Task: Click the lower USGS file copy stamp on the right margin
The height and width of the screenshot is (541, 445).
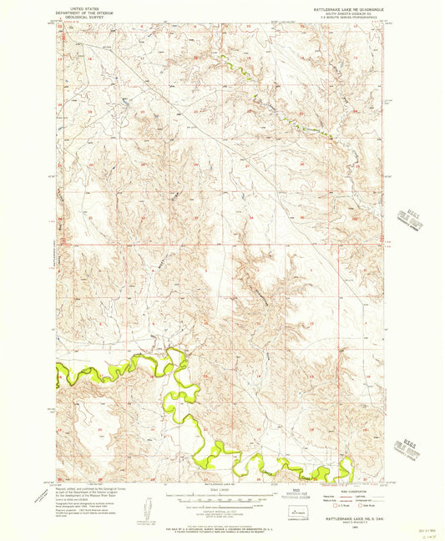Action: pyautogui.click(x=411, y=427)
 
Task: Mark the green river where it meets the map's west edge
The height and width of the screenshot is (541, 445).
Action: pyautogui.click(x=59, y=367)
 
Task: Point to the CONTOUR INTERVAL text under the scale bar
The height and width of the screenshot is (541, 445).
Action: pyautogui.click(x=221, y=508)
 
